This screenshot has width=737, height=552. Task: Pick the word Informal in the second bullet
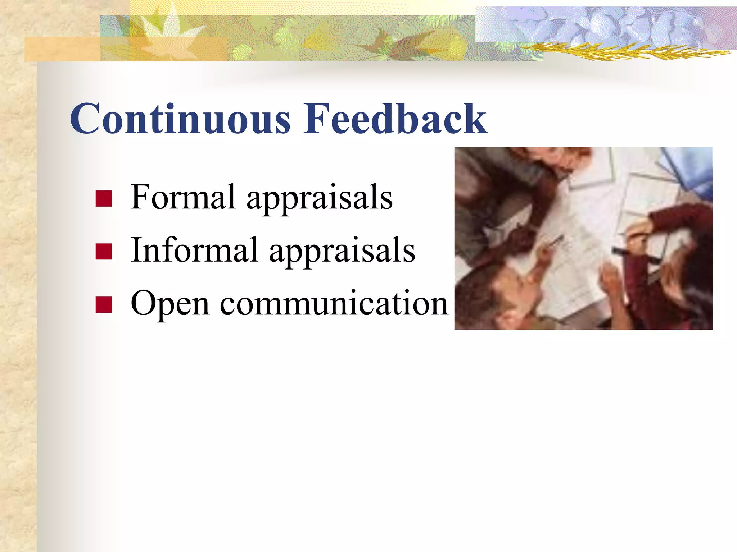(194, 250)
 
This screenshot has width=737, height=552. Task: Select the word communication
(334, 303)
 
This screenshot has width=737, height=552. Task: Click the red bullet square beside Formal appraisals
(104, 198)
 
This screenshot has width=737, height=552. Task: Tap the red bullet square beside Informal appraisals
(104, 252)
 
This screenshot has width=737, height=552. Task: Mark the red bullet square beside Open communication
(104, 304)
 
